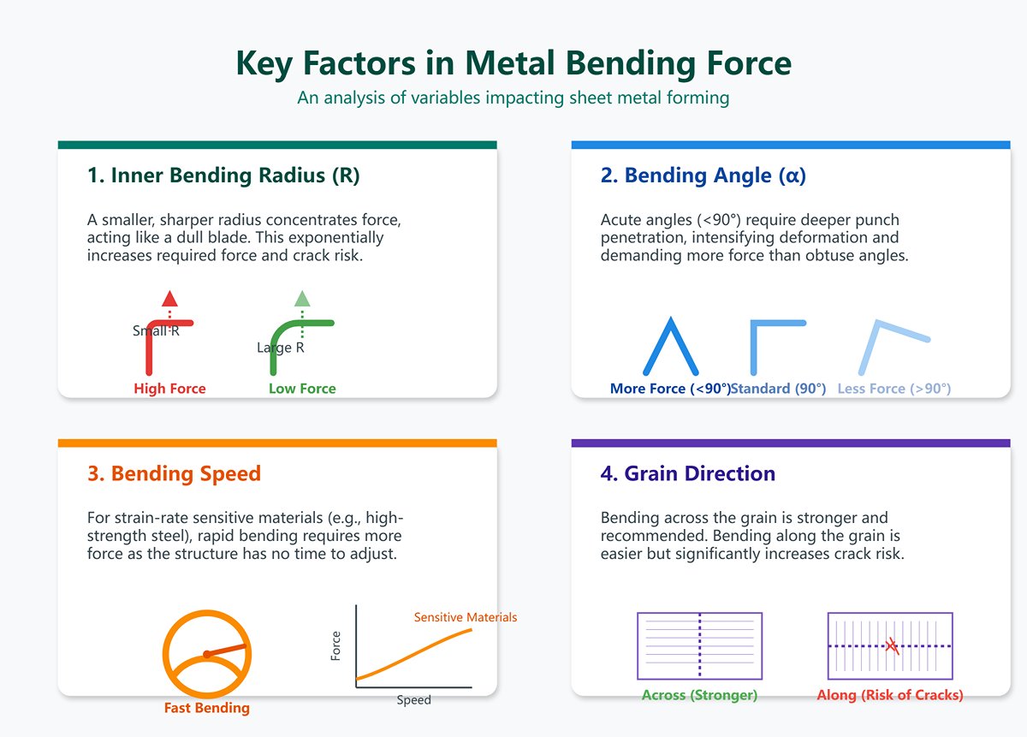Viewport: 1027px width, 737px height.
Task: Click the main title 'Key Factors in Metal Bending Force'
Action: pos(513,64)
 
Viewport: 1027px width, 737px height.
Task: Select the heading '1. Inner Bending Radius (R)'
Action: pos(223,175)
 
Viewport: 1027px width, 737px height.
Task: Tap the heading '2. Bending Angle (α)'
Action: pos(703,175)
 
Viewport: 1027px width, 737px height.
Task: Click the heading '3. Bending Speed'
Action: pos(174,473)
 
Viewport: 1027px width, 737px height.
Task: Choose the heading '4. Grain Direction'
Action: pos(688,473)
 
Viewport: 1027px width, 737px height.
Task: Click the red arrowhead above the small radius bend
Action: pos(169,299)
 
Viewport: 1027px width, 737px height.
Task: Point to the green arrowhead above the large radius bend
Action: pos(302,299)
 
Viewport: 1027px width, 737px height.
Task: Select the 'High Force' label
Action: pos(169,389)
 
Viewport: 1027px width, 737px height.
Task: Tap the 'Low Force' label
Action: pos(302,389)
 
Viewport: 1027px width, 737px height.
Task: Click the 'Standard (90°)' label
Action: pos(778,389)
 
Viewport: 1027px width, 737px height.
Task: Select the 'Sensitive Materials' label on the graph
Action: pos(466,617)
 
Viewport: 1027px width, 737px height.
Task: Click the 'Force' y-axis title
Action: pos(335,645)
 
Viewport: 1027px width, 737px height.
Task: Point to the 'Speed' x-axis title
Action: pos(413,700)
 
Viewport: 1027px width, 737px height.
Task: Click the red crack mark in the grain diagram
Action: pos(892,645)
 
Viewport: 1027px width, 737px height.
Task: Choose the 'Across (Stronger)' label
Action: pos(699,695)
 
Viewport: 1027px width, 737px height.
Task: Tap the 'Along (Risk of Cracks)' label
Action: pos(890,695)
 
